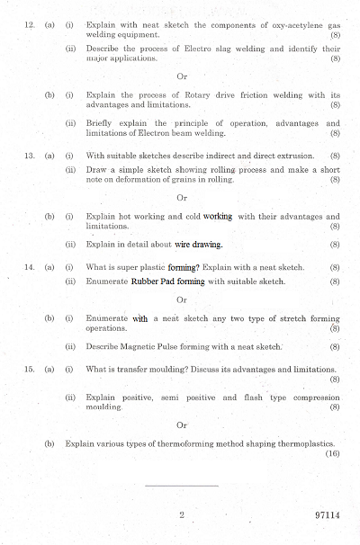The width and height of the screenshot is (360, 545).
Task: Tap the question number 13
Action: [29, 156]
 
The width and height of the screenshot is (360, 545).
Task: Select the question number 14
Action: [29, 267]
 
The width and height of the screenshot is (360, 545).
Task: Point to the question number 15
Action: [29, 369]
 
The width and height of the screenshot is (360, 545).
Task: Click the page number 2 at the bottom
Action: [182, 515]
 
